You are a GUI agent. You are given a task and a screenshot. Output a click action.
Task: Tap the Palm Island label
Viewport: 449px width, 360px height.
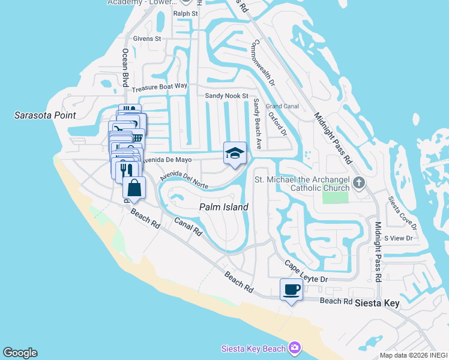(224, 208)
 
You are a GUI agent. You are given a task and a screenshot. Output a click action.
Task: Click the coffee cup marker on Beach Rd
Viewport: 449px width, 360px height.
(292, 290)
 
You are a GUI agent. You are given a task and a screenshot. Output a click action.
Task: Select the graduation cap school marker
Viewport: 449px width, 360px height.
(235, 153)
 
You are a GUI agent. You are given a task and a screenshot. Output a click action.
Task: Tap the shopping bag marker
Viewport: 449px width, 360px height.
(134, 188)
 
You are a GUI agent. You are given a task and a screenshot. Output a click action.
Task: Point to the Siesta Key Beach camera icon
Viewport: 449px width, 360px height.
(294, 348)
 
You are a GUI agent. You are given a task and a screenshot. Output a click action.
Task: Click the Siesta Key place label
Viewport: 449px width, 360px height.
(376, 304)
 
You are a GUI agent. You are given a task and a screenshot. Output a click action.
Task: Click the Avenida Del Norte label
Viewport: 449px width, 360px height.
(184, 181)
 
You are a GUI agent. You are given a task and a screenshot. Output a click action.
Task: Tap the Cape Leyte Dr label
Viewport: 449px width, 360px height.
(306, 272)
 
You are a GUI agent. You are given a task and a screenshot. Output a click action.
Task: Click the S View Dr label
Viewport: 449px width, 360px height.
(399, 238)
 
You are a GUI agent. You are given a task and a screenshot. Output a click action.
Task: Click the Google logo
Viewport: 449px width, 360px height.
(20, 353)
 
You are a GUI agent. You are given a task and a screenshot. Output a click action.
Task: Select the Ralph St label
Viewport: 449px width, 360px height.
(185, 13)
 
